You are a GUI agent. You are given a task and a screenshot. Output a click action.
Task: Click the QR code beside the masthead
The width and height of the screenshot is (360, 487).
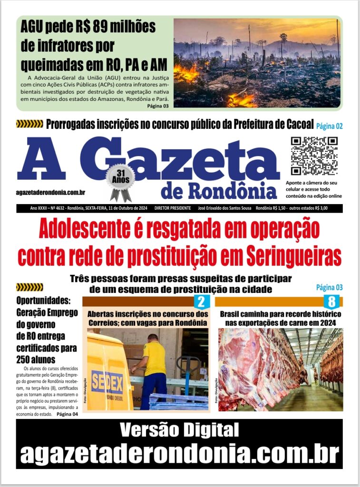314,156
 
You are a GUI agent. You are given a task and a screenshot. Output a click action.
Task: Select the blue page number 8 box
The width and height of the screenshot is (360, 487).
331,301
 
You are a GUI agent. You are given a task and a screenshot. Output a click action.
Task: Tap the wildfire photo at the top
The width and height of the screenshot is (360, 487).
257,63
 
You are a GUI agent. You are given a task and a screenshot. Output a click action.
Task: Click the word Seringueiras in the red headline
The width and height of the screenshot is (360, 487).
293,256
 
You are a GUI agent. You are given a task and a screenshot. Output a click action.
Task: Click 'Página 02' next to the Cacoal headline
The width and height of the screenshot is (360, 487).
330,126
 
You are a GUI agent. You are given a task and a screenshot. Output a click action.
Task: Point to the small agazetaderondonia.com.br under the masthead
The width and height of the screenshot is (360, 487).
50,192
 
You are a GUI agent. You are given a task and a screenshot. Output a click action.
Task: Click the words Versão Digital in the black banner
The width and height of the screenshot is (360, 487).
179,430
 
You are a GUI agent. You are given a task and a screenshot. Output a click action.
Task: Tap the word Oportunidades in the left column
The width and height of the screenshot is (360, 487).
43,301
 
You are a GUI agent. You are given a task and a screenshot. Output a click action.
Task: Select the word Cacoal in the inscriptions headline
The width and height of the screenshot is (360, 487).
296,125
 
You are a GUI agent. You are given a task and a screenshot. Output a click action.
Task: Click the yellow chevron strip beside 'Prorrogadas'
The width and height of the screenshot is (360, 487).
29,125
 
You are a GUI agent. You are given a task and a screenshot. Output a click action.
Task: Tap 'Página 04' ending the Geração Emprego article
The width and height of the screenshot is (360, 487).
67,414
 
